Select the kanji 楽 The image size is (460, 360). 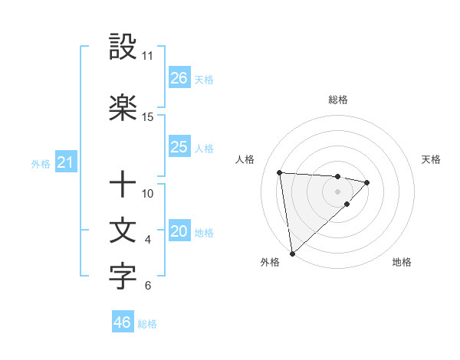pos(123,108)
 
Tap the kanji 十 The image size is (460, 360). pos(123,185)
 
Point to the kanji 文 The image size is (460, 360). pos(123,231)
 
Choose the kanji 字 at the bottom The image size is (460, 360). pos(123,277)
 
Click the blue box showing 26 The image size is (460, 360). pos(179,78)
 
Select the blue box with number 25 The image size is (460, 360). pos(179,147)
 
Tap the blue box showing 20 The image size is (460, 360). pos(179,232)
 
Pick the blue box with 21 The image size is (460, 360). pos(65,162)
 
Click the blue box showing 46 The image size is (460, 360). pos(123,322)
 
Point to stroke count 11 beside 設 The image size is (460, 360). pos(148,56)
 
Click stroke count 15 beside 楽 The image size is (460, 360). pos(148,117)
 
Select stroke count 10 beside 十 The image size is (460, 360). pos(148,194)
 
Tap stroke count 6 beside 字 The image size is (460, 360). pos(148,286)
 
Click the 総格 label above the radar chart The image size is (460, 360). pos(337,100)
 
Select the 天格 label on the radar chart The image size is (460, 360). pos(431,159)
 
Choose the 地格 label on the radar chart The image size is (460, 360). pos(402,262)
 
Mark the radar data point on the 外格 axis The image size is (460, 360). pos(292,253)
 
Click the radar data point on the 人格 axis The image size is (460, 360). pos(280,172)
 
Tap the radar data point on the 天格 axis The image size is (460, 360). pos(367,182)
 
